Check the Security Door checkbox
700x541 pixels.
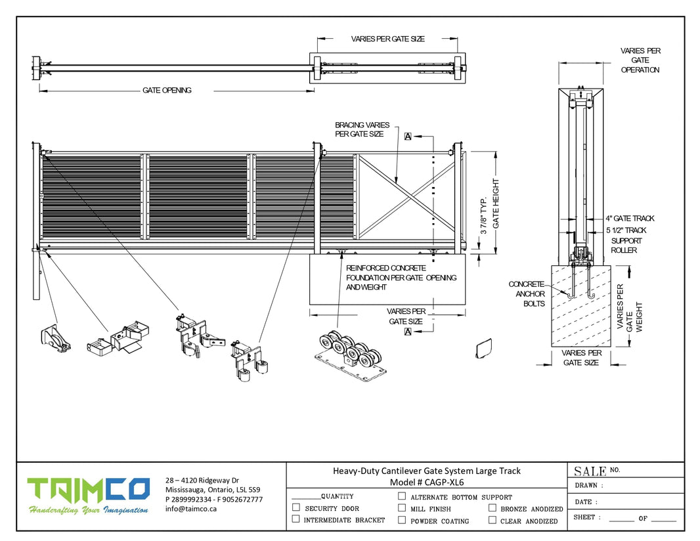(295, 508)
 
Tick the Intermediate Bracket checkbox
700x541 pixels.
(295, 519)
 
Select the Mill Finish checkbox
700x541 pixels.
(402, 508)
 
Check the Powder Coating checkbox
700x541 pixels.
(402, 520)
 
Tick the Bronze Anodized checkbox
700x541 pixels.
(492, 508)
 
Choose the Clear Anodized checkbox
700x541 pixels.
(492, 520)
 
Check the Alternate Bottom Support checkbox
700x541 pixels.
(402, 497)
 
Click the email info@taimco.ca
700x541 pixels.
(191, 509)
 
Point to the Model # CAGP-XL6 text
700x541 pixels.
(426, 482)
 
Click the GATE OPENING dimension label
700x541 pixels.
(167, 91)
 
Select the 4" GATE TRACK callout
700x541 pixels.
(630, 219)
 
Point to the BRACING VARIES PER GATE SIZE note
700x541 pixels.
(362, 129)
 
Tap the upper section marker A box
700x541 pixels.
(408, 137)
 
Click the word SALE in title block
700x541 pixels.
(590, 471)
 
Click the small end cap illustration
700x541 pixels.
(484, 348)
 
